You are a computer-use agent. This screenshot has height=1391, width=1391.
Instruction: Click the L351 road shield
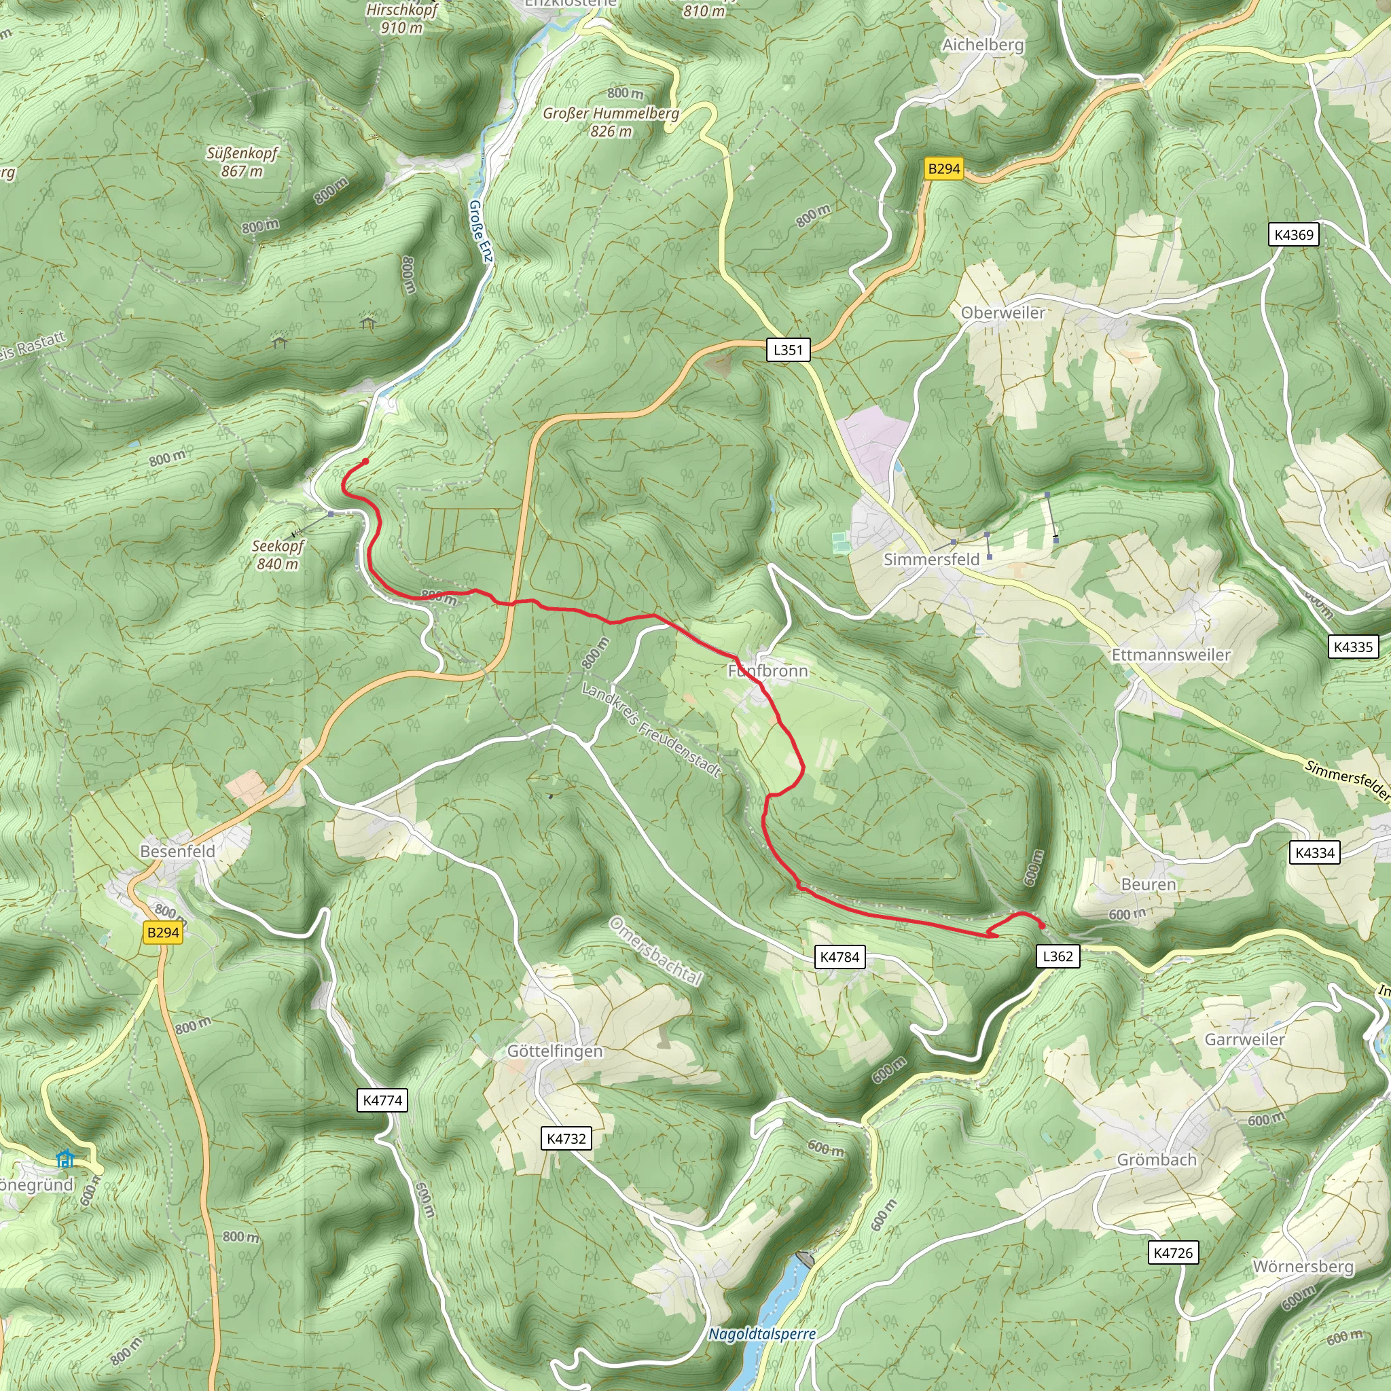coord(788,350)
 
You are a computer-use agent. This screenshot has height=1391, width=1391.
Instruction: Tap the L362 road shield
coord(1058,956)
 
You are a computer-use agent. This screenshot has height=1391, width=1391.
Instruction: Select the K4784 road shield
coord(840,957)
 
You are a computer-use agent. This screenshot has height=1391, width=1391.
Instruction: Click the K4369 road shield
coord(1294,235)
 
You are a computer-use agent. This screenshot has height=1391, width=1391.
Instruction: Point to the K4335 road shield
coord(1354,647)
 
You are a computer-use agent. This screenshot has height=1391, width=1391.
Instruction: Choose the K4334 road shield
coord(1315,853)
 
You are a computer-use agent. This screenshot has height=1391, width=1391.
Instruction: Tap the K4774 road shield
coord(382,1100)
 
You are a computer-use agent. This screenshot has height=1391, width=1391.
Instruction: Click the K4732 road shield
coord(566,1138)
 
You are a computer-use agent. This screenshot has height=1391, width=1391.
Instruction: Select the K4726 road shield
coord(1173,1252)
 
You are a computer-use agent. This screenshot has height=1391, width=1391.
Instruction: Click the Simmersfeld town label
coord(932,560)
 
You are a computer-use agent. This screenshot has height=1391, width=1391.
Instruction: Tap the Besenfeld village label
coord(178,851)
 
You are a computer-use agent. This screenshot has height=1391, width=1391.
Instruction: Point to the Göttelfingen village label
coord(555,1051)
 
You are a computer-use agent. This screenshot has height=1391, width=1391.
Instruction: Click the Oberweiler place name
coord(1003,312)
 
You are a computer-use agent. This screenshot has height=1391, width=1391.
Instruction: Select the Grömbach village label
coord(1157,1160)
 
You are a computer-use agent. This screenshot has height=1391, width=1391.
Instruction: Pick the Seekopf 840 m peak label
coord(278,555)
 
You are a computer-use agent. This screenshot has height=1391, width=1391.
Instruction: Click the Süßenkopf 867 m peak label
coord(242,162)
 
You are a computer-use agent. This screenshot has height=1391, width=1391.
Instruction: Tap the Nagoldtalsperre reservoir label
coord(763,1334)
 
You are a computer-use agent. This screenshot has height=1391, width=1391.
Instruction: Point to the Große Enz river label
coord(481,231)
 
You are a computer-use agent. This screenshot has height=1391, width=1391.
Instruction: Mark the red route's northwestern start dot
coord(366,461)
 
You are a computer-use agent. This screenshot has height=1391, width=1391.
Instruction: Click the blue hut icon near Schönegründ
coord(65,1159)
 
